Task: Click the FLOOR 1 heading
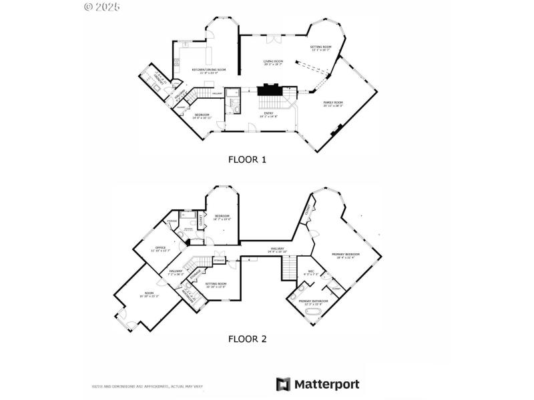248,159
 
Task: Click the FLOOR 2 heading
248,339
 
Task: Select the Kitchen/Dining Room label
208,71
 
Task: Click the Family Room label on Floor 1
333,104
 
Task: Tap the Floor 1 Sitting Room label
321,48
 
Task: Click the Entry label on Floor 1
269,115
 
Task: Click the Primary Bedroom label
346,255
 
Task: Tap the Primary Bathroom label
313,302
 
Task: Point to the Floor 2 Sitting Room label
216,285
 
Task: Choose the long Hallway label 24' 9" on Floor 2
277,250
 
